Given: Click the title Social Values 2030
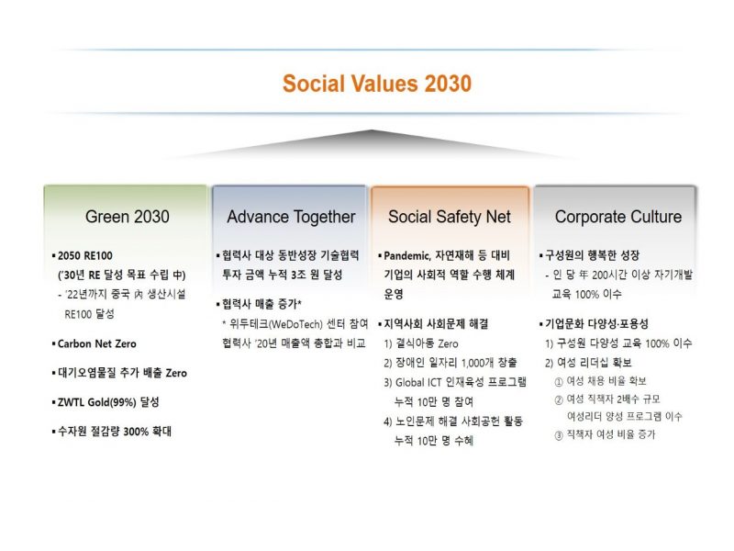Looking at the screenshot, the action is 377,84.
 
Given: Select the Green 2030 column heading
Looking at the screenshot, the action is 128,217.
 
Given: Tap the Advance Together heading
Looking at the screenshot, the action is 291,217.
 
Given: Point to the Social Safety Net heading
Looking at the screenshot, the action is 450,217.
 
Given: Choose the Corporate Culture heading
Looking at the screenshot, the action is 618,217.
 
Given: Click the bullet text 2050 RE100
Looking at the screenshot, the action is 84,256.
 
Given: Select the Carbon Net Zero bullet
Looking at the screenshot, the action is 97,343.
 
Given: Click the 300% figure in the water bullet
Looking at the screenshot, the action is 136,432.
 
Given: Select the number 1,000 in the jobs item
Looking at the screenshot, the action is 473,363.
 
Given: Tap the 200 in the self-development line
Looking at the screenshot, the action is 600,275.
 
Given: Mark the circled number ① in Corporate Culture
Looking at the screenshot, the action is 559,382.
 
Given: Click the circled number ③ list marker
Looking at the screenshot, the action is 559,435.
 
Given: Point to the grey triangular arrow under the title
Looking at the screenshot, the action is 372,144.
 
